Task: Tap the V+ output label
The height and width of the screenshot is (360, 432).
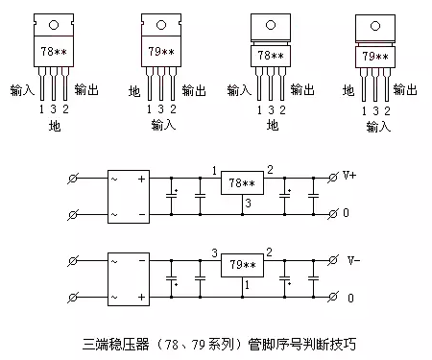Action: pyautogui.click(x=351, y=177)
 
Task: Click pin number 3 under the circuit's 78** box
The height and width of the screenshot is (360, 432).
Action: pyautogui.click(x=247, y=203)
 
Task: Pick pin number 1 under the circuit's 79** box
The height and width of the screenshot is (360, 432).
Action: pyautogui.click(x=247, y=285)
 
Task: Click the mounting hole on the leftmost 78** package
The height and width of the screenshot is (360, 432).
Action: pyautogui.click(x=54, y=24)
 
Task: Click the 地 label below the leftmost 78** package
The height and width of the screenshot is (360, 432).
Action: pyautogui.click(x=54, y=125)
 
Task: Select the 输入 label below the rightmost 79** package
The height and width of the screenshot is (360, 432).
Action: pyautogui.click(x=376, y=125)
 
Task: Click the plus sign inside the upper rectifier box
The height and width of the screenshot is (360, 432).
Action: pyautogui.click(x=141, y=179)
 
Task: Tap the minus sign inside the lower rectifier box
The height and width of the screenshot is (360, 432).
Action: pyautogui.click(x=141, y=295)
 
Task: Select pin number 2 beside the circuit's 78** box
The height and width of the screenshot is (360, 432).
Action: pyautogui.click(x=271, y=170)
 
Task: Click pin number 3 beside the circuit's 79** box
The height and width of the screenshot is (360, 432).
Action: pyautogui.click(x=213, y=252)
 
